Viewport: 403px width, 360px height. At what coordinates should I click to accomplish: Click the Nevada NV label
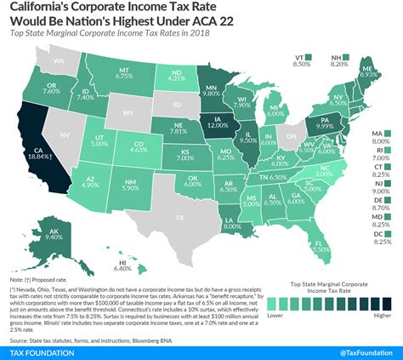[65, 134]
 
